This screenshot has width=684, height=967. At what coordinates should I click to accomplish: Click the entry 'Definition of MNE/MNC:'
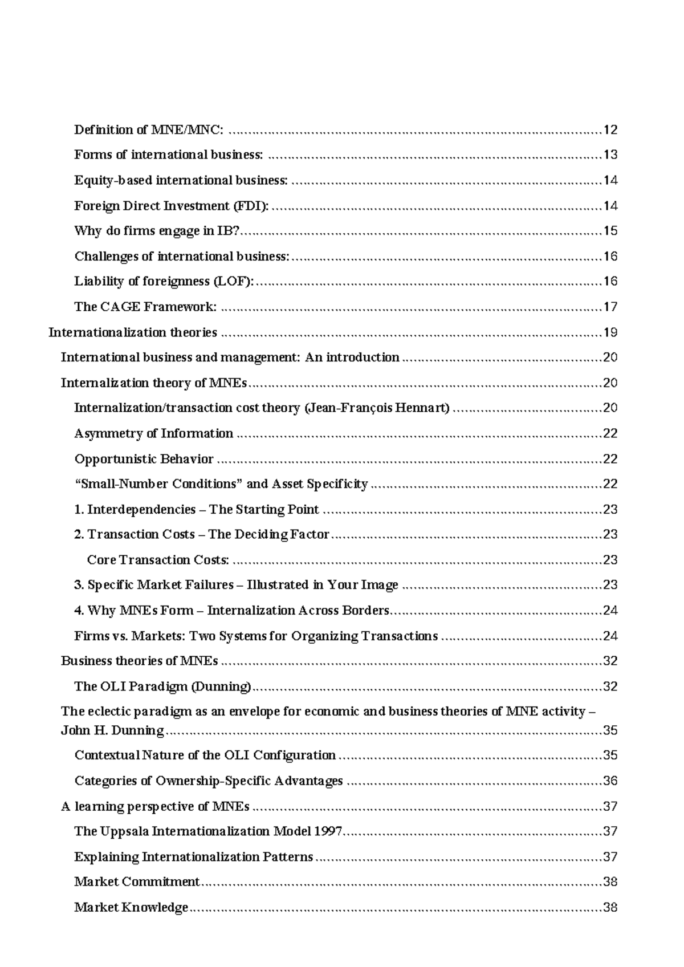click(x=149, y=130)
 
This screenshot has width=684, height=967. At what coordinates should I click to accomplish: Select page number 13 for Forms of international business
click(x=610, y=155)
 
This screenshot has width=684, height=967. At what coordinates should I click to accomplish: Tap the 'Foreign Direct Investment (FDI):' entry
click(x=171, y=206)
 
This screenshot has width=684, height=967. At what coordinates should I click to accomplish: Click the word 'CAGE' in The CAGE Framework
click(x=120, y=307)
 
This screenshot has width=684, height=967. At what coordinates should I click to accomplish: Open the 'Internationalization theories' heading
click(x=133, y=332)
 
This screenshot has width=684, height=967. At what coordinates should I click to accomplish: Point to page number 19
click(x=610, y=332)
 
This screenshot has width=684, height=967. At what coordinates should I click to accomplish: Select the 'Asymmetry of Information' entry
click(x=153, y=434)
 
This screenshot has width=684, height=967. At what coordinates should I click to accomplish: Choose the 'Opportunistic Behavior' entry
click(x=144, y=459)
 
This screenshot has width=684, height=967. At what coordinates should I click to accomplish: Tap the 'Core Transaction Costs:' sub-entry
click(x=158, y=560)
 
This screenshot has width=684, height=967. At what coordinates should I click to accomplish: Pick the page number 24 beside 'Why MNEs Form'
click(x=610, y=611)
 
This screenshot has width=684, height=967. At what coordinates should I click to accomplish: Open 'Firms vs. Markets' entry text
click(x=256, y=636)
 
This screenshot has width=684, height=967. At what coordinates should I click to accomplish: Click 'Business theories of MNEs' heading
click(x=139, y=661)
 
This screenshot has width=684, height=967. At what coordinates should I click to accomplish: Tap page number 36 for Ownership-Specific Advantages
click(x=610, y=781)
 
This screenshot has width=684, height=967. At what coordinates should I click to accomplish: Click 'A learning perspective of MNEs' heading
click(x=155, y=807)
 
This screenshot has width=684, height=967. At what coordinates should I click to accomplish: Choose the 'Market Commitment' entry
click(x=137, y=882)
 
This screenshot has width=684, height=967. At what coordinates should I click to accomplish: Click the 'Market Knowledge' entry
click(x=131, y=908)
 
